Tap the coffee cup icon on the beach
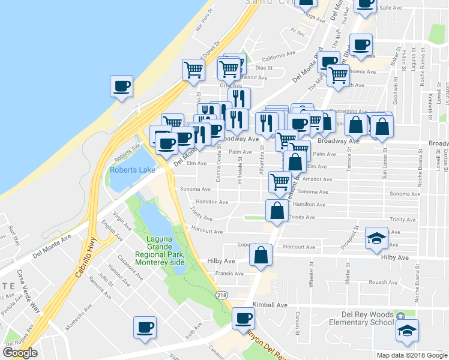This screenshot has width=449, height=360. [x=122, y=86]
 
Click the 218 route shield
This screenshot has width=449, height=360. [x=222, y=295]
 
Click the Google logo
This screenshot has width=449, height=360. [x=20, y=353]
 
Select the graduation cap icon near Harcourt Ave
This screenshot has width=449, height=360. [x=378, y=239]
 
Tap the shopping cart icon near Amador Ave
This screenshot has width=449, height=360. [x=280, y=182]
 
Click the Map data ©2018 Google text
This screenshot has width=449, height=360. [x=412, y=355]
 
